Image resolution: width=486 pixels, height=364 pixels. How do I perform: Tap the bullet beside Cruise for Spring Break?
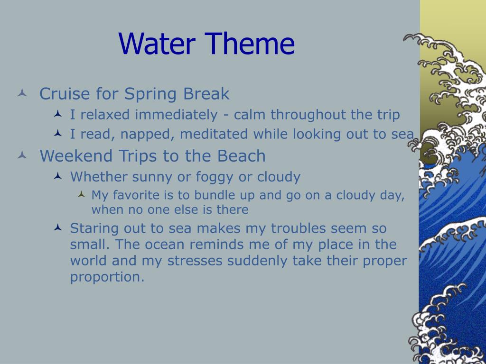(22, 92)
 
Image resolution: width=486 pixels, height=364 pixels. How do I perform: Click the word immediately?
(177, 115)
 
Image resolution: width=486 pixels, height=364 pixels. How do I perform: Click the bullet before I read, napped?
(58, 133)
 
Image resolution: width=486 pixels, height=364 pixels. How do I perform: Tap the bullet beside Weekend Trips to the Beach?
(22, 155)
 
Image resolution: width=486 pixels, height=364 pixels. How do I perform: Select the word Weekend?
(76, 155)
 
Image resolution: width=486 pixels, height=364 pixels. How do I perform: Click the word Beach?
(242, 155)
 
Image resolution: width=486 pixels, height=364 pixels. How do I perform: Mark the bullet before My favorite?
(82, 194)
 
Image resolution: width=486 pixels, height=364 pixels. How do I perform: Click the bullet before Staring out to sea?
(58, 228)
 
